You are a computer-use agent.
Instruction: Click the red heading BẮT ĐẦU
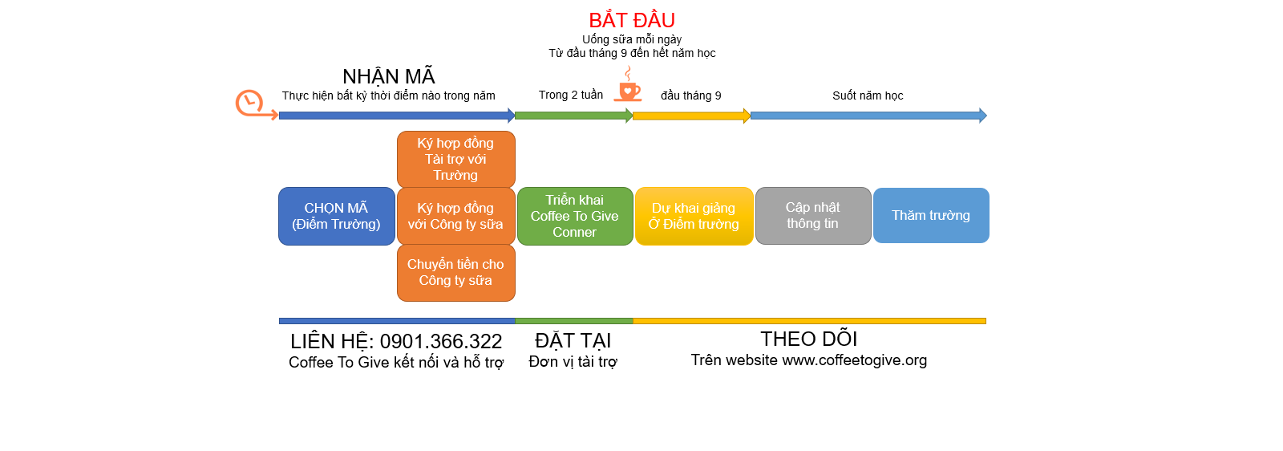tap(632, 20)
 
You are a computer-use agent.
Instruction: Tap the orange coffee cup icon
tap(629, 88)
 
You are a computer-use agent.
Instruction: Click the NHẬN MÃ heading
tap(389, 76)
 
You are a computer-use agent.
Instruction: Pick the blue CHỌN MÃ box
tap(336, 216)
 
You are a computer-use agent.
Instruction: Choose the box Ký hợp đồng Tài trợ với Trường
tap(455, 159)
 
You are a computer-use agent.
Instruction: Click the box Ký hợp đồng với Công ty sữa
tap(455, 216)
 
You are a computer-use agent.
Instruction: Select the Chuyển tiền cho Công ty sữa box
tap(455, 273)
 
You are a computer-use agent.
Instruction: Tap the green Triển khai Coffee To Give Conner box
tap(575, 216)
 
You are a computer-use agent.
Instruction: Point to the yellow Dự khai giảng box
tap(694, 216)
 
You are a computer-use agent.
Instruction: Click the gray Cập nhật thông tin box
tap(812, 216)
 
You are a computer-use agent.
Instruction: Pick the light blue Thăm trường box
tap(931, 215)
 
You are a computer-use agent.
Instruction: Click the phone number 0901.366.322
tap(441, 342)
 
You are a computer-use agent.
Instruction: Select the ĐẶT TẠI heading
tap(573, 341)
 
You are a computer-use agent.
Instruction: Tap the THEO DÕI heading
tap(809, 339)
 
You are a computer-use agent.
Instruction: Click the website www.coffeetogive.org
tap(854, 360)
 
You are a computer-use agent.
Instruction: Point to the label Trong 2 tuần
tap(571, 95)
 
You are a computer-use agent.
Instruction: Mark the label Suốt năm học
tap(868, 95)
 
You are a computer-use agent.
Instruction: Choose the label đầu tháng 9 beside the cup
tap(690, 95)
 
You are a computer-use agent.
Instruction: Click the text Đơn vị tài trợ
tap(573, 362)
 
